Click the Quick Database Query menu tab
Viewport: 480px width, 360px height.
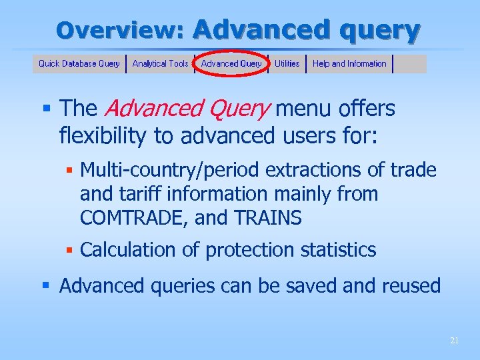[x=79, y=64]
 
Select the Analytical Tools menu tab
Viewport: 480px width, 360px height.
[x=160, y=64]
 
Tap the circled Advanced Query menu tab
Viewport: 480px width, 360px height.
[x=231, y=64]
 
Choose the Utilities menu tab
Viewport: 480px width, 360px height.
[x=287, y=64]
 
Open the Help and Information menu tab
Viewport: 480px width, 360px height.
[x=349, y=64]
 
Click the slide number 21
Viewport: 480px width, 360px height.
[x=454, y=341]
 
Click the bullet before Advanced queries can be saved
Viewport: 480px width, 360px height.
[x=46, y=286]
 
